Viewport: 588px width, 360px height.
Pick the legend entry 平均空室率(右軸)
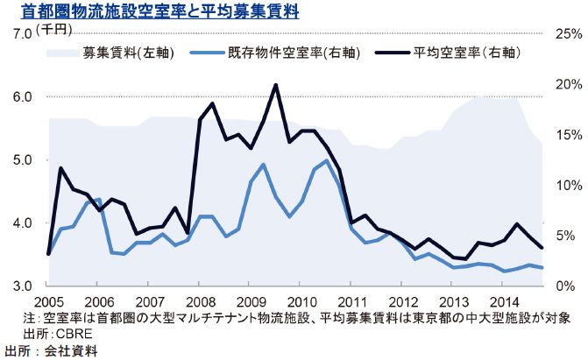(461, 53)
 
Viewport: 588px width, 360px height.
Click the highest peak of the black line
(276, 85)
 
